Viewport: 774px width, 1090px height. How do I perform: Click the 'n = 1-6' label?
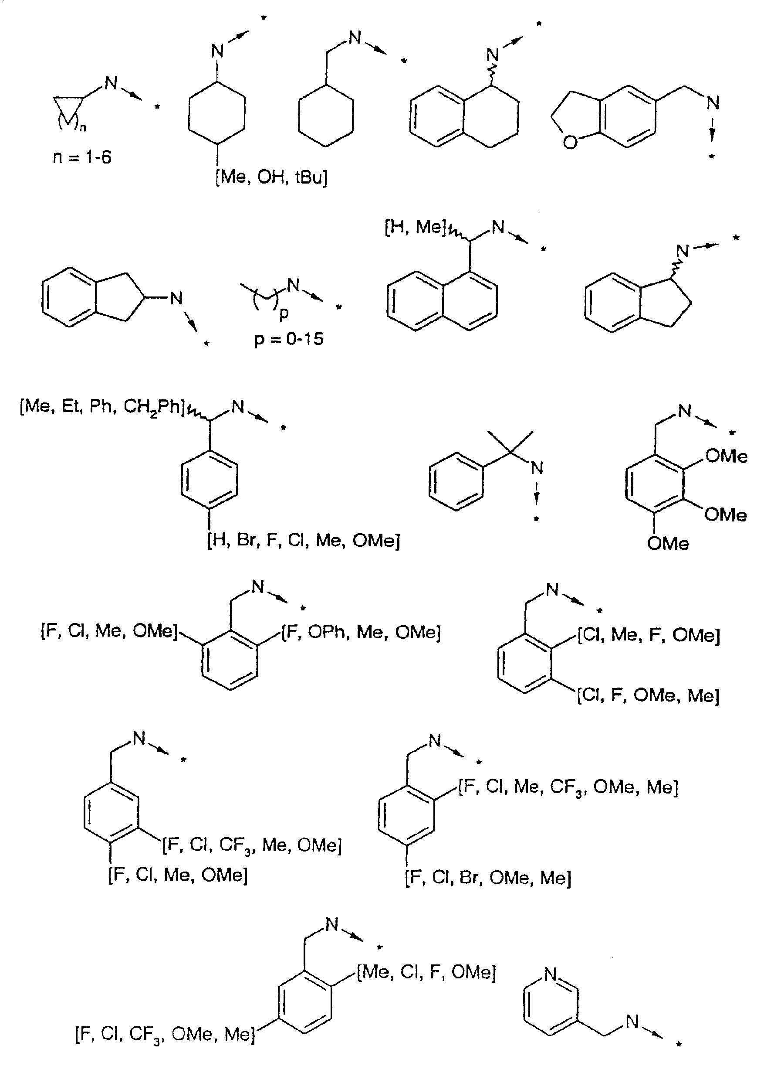[x=82, y=157]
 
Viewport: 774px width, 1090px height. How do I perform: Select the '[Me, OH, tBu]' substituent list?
[x=272, y=177]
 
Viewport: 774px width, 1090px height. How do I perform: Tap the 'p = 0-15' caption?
[x=289, y=339]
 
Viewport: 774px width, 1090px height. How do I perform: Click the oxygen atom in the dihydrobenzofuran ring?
[x=570, y=142]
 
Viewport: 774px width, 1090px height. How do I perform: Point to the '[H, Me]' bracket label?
[x=415, y=227]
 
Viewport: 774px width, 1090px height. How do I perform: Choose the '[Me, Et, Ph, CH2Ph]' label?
[x=102, y=407]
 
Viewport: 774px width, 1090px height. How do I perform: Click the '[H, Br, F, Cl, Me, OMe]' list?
[x=304, y=541]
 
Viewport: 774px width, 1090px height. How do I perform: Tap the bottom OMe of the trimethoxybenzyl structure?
[x=668, y=543]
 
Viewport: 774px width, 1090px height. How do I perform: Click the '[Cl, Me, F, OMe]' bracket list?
[x=649, y=635]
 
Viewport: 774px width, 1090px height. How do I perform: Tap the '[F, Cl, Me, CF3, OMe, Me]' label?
[x=568, y=787]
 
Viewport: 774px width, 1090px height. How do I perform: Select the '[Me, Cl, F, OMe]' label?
[x=426, y=973]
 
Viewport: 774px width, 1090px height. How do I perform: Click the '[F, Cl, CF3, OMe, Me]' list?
[x=165, y=1034]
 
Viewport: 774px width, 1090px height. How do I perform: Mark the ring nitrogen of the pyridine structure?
[x=551, y=974]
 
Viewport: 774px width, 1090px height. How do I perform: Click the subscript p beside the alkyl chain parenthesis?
[x=284, y=314]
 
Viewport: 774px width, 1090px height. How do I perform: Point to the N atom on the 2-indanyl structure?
[x=176, y=299]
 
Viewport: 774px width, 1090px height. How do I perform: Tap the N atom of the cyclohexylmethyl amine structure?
[x=355, y=37]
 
